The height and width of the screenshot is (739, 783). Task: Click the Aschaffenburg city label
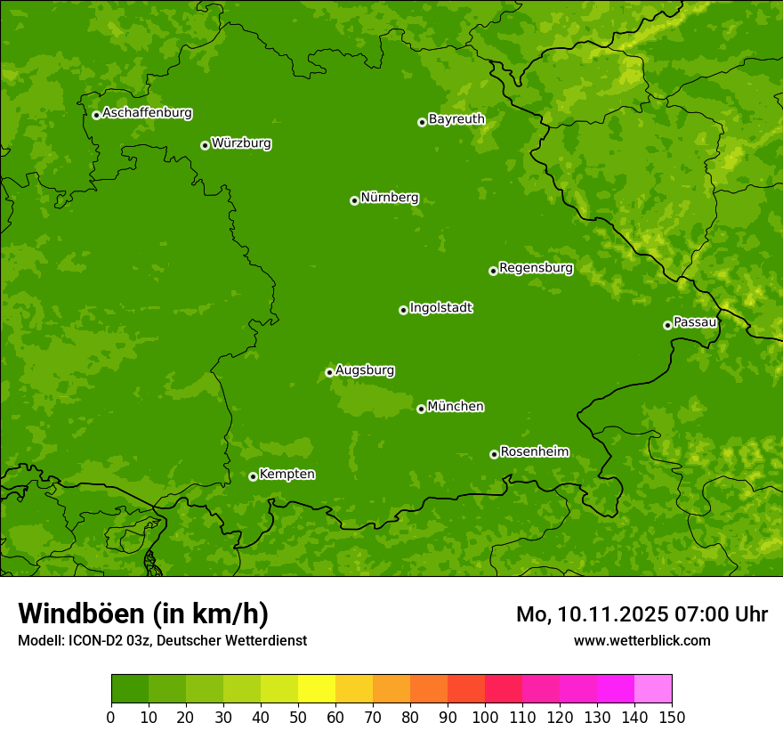click(147, 113)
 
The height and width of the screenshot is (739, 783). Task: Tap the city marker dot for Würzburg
click(205, 145)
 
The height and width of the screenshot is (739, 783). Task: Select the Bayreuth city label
click(456, 118)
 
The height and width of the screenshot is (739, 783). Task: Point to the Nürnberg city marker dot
click(354, 200)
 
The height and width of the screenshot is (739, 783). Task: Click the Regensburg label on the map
click(536, 267)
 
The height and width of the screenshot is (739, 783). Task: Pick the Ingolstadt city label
click(440, 307)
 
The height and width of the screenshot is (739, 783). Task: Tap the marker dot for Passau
click(667, 325)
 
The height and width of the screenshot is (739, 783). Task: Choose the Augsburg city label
click(365, 369)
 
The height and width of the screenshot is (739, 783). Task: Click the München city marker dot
click(421, 409)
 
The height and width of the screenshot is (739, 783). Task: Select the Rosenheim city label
click(534, 451)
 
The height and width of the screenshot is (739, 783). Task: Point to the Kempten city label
click(287, 474)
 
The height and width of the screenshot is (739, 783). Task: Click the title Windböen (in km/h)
click(142, 613)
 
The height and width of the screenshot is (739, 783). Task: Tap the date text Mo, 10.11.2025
click(592, 614)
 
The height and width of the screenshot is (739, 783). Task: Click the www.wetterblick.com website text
click(642, 640)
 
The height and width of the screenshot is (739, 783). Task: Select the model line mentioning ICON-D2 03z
click(162, 640)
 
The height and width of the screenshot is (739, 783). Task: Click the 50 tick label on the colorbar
click(298, 717)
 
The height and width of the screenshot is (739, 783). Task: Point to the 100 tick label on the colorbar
click(485, 717)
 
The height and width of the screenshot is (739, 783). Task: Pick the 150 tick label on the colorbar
click(672, 717)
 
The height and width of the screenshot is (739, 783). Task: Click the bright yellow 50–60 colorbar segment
click(317, 689)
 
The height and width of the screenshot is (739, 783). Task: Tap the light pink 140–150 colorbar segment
click(653, 689)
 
